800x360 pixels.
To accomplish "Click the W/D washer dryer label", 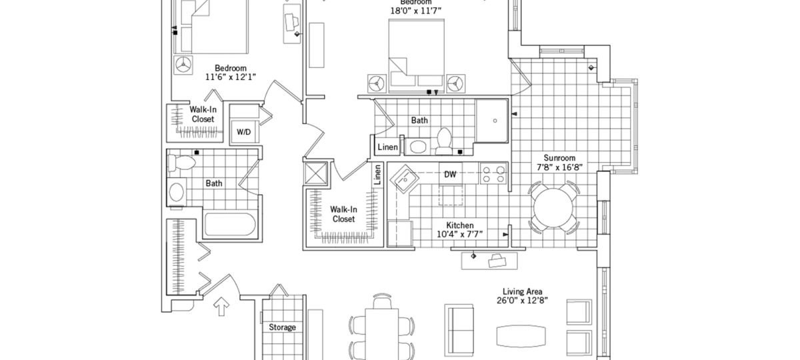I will pos(243,132).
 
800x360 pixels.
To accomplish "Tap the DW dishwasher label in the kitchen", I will pos(451,175).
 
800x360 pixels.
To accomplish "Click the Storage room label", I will pos(282,327).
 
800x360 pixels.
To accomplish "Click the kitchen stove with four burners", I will pos(493,175).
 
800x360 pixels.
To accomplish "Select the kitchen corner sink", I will pos(404,180).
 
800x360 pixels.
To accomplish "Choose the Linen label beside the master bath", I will pos(388,147).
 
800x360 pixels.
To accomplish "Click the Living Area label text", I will pos(522,291).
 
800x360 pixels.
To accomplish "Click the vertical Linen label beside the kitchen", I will pos(378,175).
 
